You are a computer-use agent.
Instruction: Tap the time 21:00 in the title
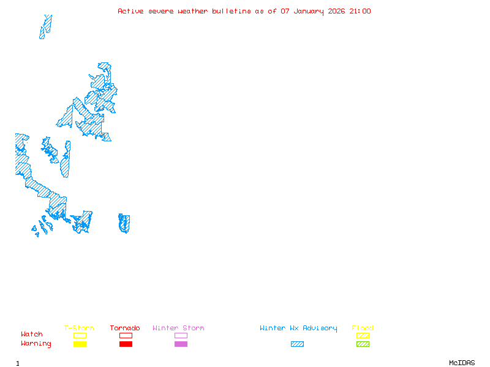click(360, 11)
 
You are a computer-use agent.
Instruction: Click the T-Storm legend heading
click(79, 328)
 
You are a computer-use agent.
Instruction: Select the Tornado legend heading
click(125, 328)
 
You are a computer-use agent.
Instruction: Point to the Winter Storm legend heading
click(178, 328)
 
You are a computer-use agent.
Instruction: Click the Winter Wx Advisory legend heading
click(298, 328)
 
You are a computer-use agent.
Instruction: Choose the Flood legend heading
click(363, 328)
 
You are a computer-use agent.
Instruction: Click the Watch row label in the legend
click(32, 335)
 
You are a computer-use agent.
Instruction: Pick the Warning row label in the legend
click(36, 344)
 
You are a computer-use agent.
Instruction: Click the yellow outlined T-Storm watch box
click(80, 335)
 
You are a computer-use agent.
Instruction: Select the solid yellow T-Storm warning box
click(80, 344)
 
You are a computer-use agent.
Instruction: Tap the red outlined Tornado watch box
click(126, 335)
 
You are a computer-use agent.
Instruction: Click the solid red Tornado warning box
click(126, 344)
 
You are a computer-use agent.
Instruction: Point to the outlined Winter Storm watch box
click(181, 335)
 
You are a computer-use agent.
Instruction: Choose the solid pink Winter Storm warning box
click(181, 344)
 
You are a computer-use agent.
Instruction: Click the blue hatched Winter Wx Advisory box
click(297, 344)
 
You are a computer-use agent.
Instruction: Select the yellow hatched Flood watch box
click(363, 335)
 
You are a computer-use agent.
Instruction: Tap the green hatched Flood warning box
click(363, 344)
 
